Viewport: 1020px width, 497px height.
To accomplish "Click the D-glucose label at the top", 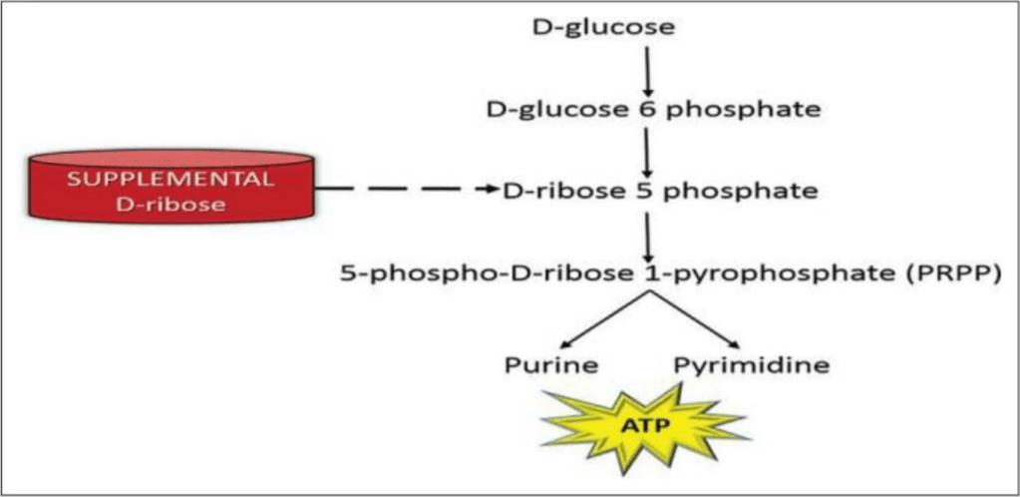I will (603, 27).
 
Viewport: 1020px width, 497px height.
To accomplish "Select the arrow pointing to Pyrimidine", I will (697, 322).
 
